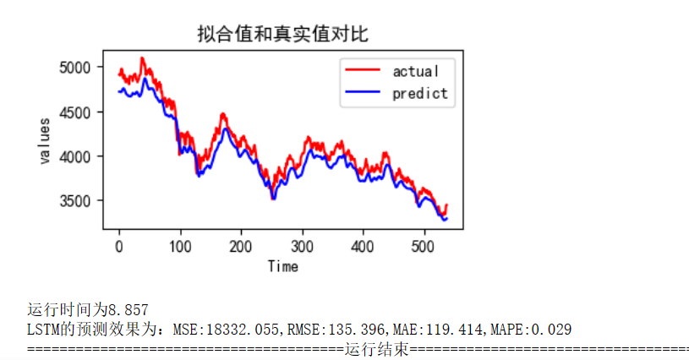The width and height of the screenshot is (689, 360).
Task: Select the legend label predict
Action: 419,93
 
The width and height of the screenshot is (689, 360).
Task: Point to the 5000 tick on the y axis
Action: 80,67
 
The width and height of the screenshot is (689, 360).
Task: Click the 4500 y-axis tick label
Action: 80,112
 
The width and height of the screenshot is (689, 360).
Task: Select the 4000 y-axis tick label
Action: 80,156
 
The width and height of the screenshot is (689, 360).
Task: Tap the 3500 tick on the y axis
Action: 80,201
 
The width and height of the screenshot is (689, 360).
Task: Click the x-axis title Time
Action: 282,266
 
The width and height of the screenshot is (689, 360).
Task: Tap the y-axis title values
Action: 44,142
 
